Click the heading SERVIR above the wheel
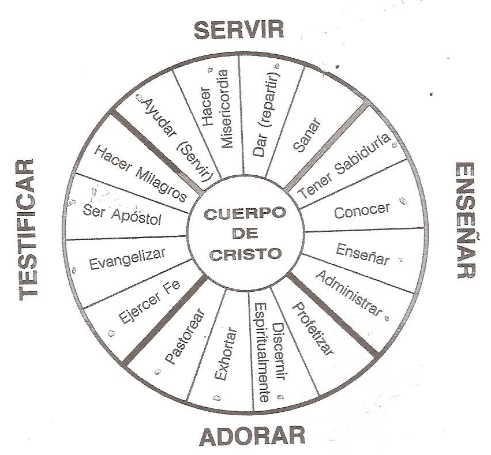pyautogui.click(x=239, y=30)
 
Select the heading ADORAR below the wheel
pyautogui.click(x=252, y=435)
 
